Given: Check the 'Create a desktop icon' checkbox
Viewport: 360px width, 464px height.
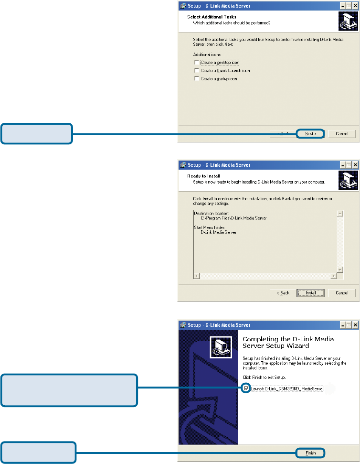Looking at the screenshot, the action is coord(196,63).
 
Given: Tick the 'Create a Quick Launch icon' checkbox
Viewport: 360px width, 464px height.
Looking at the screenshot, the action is coord(196,71).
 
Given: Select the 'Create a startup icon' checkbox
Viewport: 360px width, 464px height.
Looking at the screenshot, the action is coord(196,79).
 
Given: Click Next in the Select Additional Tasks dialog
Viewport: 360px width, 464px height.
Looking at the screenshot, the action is coord(310,134).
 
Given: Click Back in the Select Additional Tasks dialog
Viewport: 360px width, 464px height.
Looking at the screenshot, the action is coord(281,134).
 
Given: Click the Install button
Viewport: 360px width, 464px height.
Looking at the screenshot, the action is coord(310,292).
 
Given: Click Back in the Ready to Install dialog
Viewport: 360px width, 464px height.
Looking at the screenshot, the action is coord(281,292).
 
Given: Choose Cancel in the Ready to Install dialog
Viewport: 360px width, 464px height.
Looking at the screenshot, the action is coord(341,292).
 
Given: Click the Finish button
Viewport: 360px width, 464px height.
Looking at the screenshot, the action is coord(310,452).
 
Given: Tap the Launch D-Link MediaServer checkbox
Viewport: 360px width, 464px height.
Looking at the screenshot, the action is coord(246,389).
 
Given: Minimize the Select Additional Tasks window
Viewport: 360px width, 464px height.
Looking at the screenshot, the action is coord(342,6).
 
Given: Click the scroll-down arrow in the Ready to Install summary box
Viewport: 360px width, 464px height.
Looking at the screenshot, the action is coord(340,270).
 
